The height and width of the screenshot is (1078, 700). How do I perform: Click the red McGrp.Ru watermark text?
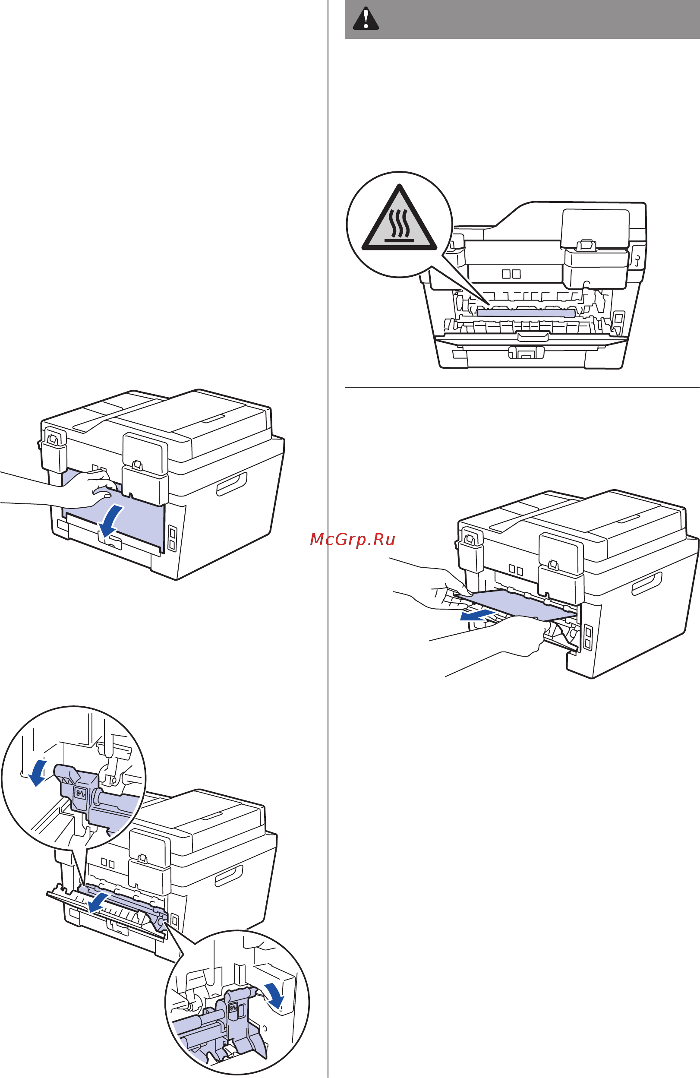[x=353, y=540]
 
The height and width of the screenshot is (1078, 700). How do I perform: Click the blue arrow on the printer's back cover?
[x=110, y=522]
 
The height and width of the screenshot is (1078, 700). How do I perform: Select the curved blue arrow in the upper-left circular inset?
[x=37, y=773]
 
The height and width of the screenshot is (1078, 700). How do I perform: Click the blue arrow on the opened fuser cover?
[x=99, y=902]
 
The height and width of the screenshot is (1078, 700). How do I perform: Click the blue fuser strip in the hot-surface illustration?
[x=526, y=312]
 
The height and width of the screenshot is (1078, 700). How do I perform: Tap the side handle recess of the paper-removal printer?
[x=646, y=583]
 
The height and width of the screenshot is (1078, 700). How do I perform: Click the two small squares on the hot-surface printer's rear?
[x=511, y=274]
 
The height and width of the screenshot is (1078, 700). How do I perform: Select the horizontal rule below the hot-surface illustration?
[x=522, y=387]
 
